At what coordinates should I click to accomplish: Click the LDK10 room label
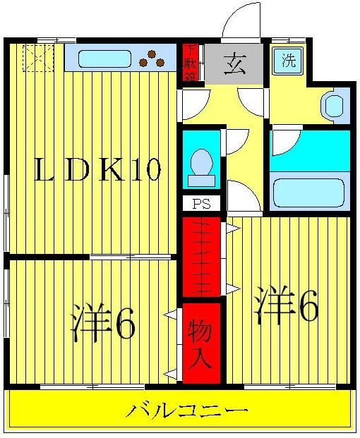click(99, 171)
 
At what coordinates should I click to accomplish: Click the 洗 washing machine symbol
click(289, 61)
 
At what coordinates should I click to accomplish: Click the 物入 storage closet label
click(201, 343)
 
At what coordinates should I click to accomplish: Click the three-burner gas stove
click(152, 59)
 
